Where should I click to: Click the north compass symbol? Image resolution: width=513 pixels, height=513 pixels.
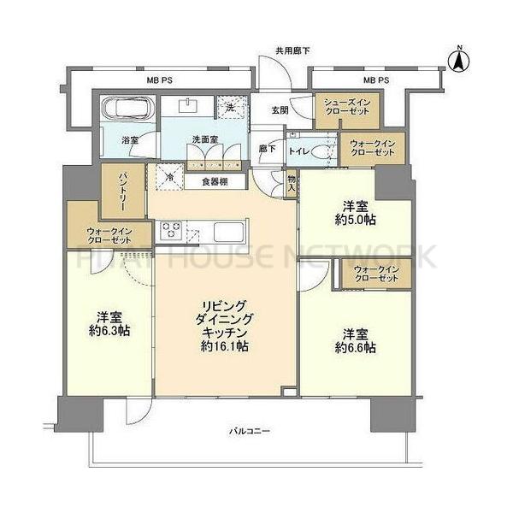458,59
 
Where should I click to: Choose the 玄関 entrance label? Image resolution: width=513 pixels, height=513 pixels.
280,110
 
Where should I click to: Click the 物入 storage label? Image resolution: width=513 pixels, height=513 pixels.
292,182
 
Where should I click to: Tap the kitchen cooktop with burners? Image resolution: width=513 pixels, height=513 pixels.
171,229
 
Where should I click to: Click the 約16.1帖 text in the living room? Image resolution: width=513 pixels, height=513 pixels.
226,346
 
